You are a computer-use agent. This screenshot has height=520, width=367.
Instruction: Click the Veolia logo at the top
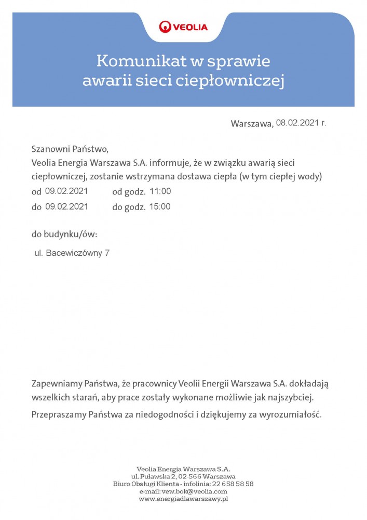pyautogui.click(x=183, y=27)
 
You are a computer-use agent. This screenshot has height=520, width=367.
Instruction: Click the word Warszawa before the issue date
pyautogui.click(x=252, y=124)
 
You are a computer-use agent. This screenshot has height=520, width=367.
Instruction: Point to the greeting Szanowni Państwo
pyautogui.click(x=70, y=149)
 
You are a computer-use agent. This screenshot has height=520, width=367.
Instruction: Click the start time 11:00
pyautogui.click(x=160, y=191)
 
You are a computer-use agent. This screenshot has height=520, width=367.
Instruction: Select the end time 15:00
pyautogui.click(x=160, y=206)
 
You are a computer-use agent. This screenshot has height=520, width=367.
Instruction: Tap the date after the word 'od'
pyautogui.click(x=66, y=191)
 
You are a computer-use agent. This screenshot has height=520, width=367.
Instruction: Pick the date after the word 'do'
pyautogui.click(x=66, y=206)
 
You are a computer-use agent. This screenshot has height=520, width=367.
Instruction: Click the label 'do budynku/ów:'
pyautogui.click(x=64, y=234)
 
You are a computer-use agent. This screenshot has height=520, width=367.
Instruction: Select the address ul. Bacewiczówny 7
pyautogui.click(x=72, y=253)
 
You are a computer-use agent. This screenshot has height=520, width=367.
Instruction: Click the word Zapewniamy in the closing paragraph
pyautogui.click(x=57, y=384)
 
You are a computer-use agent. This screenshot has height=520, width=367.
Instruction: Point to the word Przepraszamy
pyautogui.click(x=59, y=415)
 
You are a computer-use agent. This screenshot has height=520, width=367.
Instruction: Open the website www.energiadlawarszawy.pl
pyautogui.click(x=183, y=499)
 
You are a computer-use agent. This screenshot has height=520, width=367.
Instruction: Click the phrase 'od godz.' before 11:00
pyautogui.click(x=129, y=191)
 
